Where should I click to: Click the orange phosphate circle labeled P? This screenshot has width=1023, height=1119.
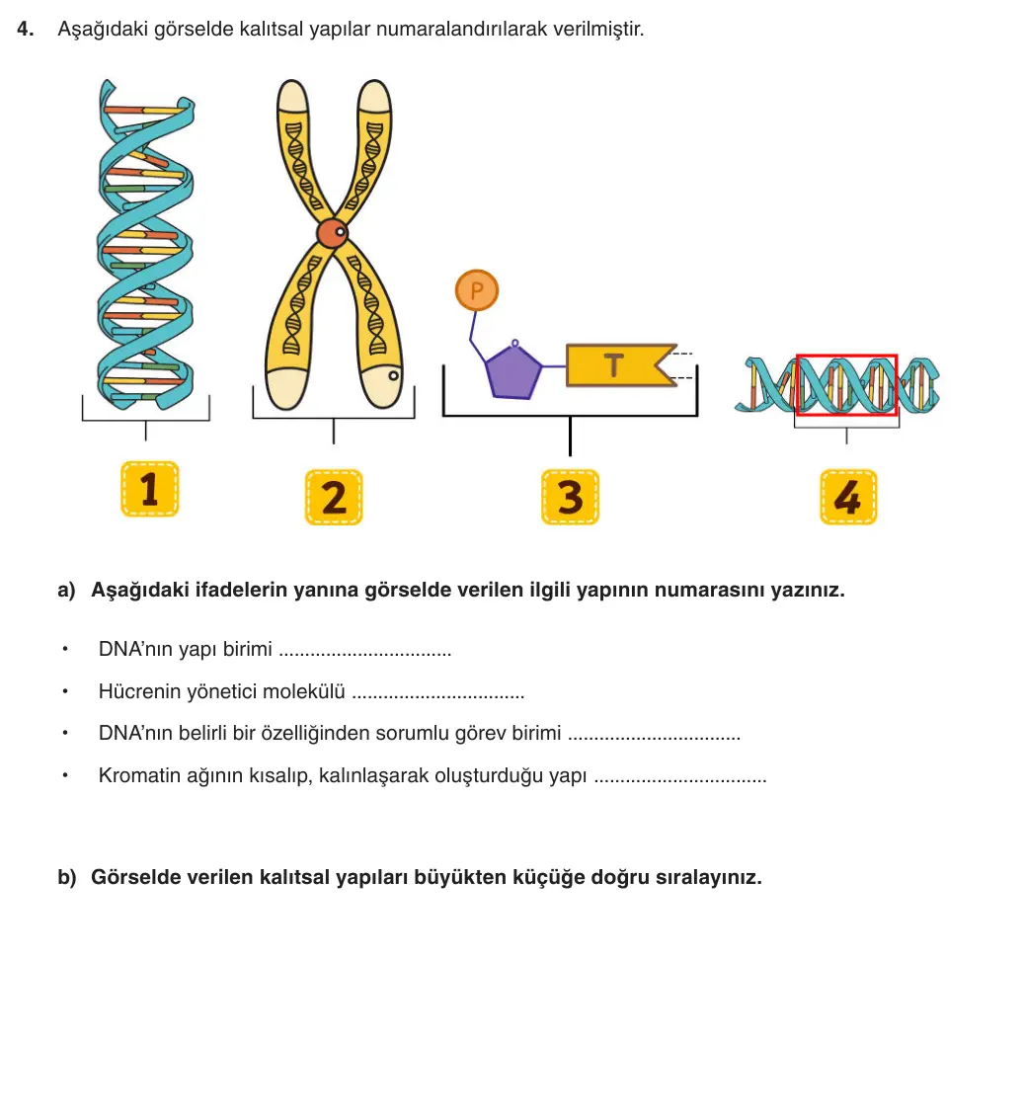pyautogui.click(x=477, y=290)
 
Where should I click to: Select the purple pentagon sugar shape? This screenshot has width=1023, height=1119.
pyautogui.click(x=513, y=371)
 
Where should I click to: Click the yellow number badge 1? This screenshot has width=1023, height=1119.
pyautogui.click(x=150, y=489)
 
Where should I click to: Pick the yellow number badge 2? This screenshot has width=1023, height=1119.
pyautogui.click(x=334, y=498)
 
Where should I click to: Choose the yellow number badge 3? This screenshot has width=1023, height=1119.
pyautogui.click(x=570, y=498)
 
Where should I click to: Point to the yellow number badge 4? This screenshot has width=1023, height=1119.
pyautogui.click(x=848, y=498)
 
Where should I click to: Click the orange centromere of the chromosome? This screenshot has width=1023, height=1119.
pyautogui.click(x=333, y=233)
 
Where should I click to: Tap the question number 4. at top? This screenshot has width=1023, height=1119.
pyautogui.click(x=26, y=30)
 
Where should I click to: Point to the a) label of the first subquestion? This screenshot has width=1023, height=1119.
pyautogui.click(x=66, y=591)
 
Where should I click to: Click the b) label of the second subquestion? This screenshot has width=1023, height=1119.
pyautogui.click(x=67, y=877)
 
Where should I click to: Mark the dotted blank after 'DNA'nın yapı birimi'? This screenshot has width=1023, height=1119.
pyautogui.click(x=365, y=654)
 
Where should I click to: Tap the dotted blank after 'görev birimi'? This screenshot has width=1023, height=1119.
pyautogui.click(x=654, y=738)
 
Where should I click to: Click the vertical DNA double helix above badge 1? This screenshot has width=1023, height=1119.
pyautogui.click(x=145, y=244)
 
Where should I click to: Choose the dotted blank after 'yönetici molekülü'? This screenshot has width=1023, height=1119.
pyautogui.click(x=438, y=696)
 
